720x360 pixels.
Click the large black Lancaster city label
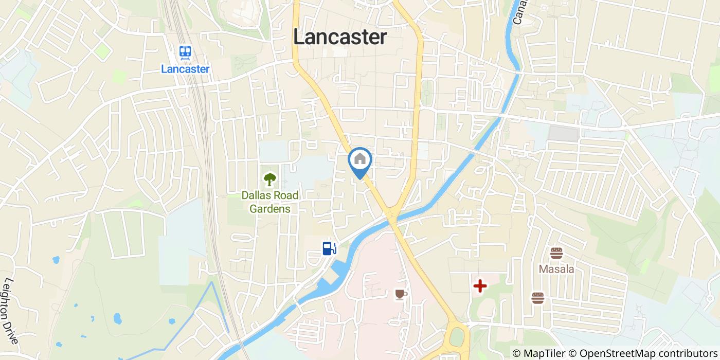coord(339,37)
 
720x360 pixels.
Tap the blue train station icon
coord(185,51)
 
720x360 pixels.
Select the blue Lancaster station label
coord(185,68)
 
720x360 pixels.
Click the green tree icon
coord(269,179)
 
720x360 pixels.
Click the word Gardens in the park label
coord(270,209)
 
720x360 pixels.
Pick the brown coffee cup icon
coord(401,294)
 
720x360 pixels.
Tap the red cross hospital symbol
coord(480,286)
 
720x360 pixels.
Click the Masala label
coord(556,269)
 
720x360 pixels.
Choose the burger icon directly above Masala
coord(556,253)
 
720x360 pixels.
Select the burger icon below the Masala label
coord(538,298)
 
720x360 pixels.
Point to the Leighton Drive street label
coord(11,311)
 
